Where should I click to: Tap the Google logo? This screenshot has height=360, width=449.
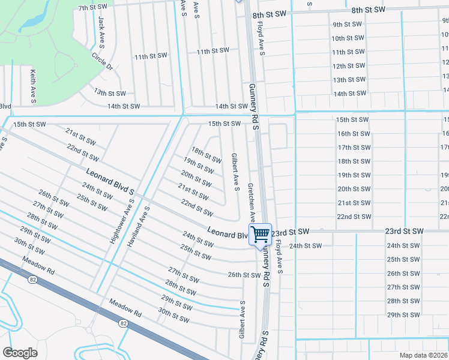(x=20, y=352)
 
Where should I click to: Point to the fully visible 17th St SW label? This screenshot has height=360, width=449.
(x=353, y=148)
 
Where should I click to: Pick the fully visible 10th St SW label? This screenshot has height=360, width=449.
(x=347, y=38)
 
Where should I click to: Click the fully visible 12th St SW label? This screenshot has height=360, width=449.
(x=348, y=66)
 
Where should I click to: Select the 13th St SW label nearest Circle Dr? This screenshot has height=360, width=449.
(x=109, y=93)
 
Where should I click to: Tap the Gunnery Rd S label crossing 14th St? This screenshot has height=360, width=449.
(x=254, y=106)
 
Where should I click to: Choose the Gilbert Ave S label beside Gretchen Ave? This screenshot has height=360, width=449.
(x=235, y=172)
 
